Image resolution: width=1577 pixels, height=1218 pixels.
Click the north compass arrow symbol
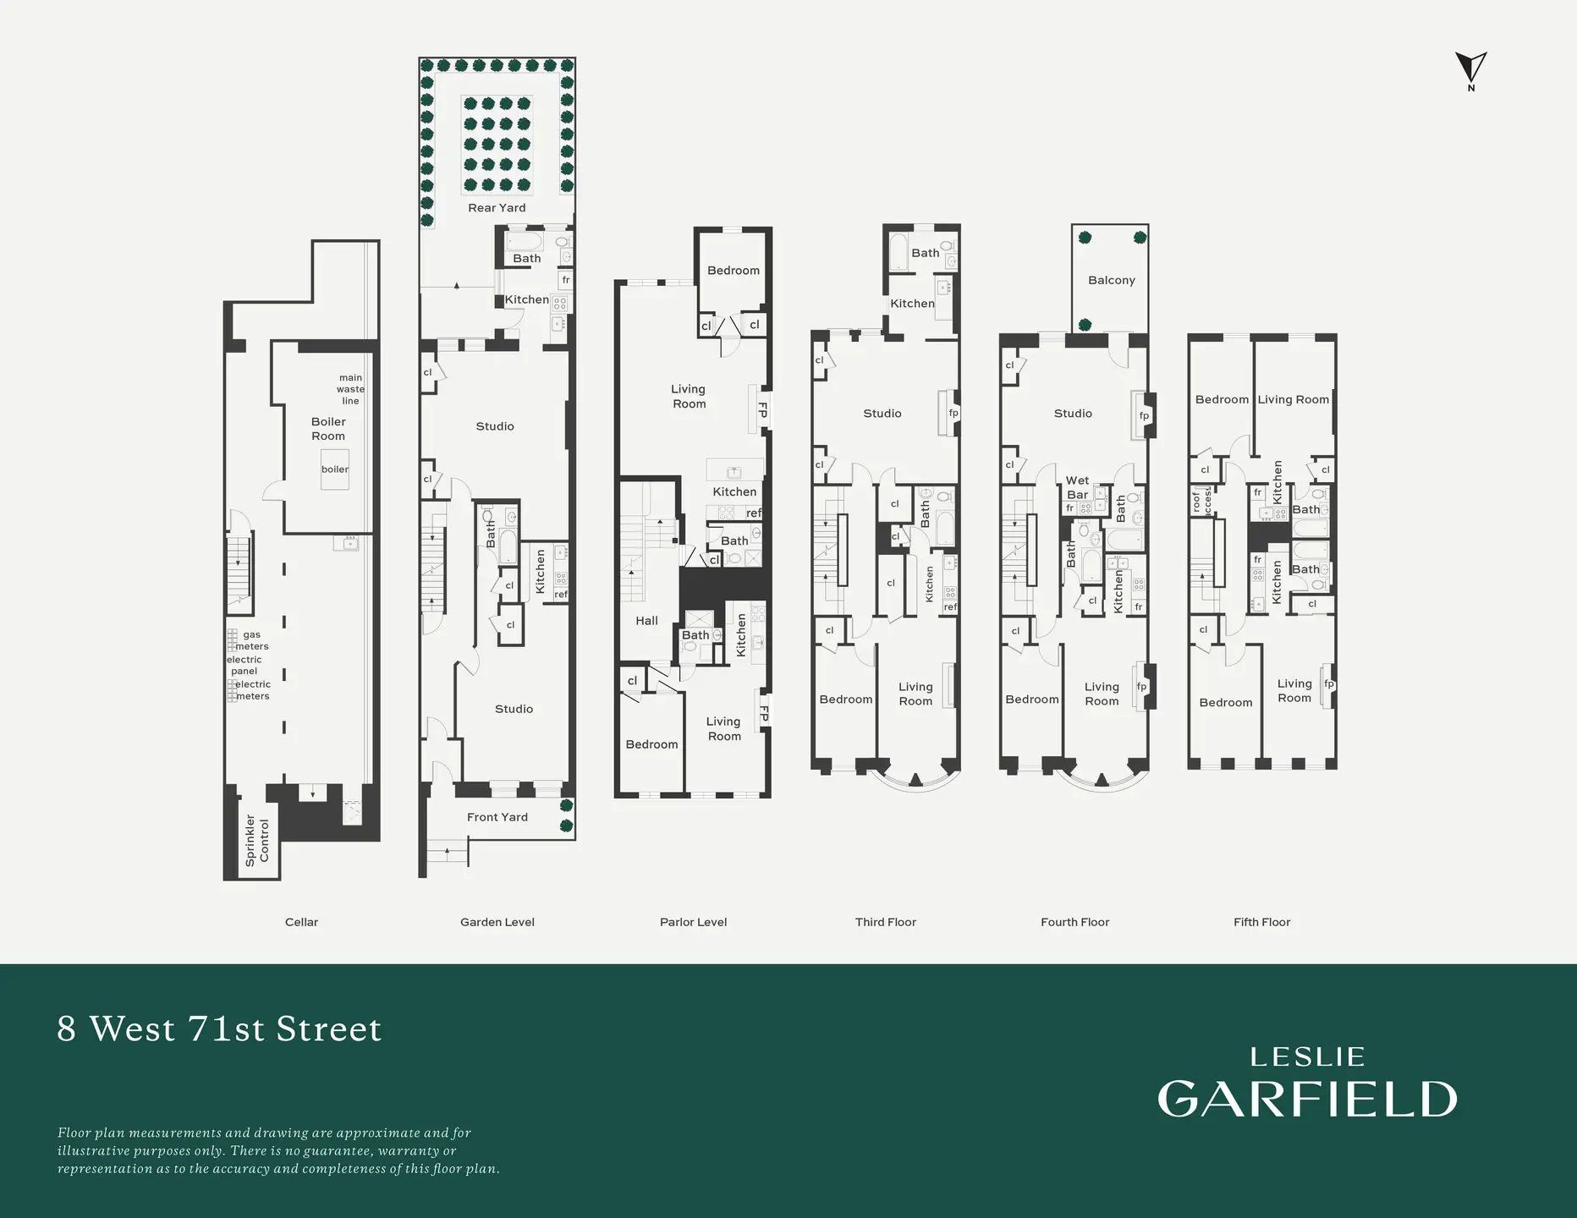[1470, 68]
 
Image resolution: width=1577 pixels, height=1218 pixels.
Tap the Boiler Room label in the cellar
[328, 429]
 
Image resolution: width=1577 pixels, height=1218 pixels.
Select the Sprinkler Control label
[256, 840]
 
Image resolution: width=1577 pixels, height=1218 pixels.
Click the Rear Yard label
[497, 208]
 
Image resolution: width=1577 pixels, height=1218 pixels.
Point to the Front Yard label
[497, 817]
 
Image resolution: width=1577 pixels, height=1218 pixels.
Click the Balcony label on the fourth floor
[1111, 280]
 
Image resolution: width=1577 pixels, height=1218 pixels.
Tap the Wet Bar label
[1077, 487]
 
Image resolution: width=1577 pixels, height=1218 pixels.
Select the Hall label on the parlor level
[646, 621]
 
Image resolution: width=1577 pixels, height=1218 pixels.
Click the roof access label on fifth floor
[1201, 502]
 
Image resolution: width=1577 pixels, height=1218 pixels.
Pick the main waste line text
[350, 389]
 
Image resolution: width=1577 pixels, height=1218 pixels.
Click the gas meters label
[251, 640]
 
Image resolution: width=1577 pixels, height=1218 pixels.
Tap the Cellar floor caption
[301, 922]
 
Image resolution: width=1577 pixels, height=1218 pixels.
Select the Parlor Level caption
[693, 922]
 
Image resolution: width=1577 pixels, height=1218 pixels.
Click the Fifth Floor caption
[1261, 922]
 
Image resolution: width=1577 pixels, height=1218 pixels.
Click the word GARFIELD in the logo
[1307, 1099]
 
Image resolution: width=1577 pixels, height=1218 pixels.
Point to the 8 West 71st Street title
[219, 1029]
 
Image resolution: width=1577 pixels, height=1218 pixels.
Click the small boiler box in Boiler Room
[334, 469]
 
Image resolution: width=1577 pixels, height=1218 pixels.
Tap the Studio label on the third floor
[882, 414]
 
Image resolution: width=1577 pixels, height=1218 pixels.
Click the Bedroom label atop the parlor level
[733, 271]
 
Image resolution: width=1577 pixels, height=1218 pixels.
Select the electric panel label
[244, 665]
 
